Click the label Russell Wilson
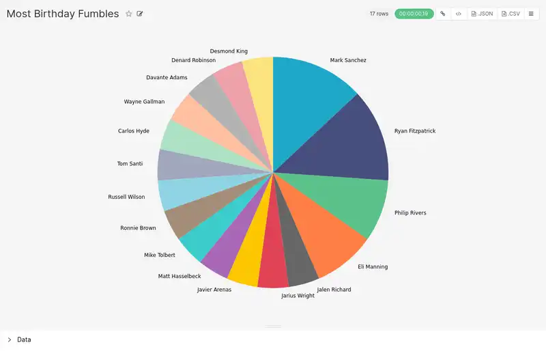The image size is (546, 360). point(126,197)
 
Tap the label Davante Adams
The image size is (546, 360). point(167,77)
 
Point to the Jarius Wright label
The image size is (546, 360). point(298,296)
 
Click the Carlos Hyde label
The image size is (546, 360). point(134,130)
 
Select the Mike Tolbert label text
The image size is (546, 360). point(160,255)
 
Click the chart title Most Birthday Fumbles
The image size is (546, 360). point(63,14)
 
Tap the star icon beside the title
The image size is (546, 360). point(129,14)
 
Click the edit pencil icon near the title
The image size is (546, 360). point(140,14)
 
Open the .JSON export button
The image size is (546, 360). point(482,14)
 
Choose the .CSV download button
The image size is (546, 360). point(511,14)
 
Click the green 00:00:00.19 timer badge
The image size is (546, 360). point(414,14)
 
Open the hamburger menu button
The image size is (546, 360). point(531,14)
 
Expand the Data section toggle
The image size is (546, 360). point(10,340)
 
